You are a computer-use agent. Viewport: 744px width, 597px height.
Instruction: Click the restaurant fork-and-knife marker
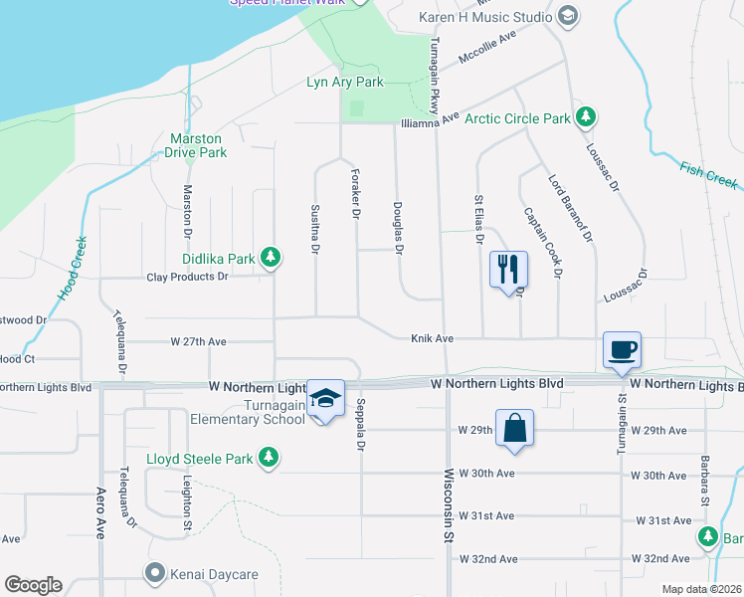[x=508, y=268]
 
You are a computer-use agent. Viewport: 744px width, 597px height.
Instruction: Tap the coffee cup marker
[x=622, y=349]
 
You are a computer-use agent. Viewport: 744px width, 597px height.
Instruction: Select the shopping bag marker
[x=514, y=428]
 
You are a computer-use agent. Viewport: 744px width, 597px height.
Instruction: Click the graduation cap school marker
[x=324, y=398]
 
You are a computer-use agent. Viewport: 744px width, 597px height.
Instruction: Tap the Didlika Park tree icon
[x=270, y=259]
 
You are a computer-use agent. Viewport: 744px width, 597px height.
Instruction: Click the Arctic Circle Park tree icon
[x=586, y=117]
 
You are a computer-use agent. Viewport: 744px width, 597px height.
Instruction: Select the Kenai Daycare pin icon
[x=153, y=573]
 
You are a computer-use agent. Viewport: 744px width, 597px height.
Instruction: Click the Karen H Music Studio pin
[x=567, y=16]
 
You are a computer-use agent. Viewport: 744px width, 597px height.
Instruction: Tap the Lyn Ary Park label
[x=344, y=83]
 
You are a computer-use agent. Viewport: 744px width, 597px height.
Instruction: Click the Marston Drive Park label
[x=198, y=145]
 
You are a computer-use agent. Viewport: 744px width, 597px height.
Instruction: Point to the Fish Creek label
[x=709, y=175]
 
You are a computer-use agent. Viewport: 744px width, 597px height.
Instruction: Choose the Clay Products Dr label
[x=188, y=278]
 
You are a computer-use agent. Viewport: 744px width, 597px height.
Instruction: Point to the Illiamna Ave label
[x=429, y=120]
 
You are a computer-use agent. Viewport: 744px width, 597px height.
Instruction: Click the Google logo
[x=33, y=585]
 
